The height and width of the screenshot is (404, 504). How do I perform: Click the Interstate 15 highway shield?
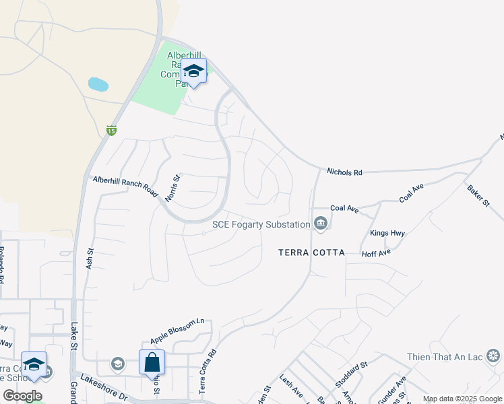[x=111, y=130]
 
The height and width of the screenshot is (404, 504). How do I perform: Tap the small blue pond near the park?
[x=98, y=85]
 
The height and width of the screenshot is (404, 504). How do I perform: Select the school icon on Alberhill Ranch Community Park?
[x=193, y=71]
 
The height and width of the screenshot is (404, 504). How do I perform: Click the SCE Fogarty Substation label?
[x=261, y=224]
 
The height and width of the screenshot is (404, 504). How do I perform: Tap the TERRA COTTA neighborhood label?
[x=312, y=252]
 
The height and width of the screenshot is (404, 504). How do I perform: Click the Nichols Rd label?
[x=344, y=172]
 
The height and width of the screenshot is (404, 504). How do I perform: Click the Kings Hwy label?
[x=387, y=234]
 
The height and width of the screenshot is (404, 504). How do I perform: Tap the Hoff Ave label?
[x=376, y=253]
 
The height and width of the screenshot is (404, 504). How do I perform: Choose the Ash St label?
[x=90, y=259]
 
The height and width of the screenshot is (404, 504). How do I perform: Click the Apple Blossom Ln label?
[x=177, y=329]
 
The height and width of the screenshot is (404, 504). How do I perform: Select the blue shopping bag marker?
[x=152, y=362]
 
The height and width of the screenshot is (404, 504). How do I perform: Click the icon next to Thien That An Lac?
[x=494, y=356]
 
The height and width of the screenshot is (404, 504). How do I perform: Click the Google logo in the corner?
[x=22, y=395]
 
